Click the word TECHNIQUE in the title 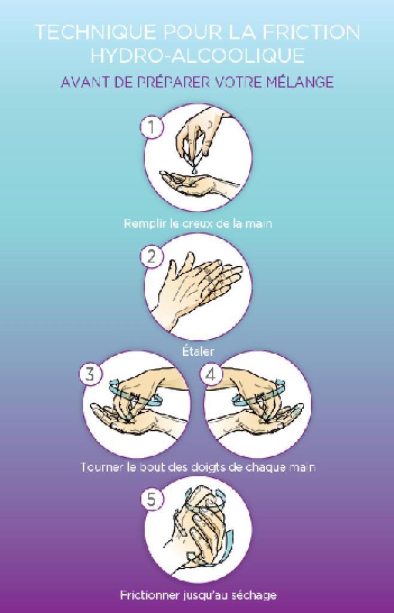pyautogui.click(x=96, y=32)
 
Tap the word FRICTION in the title pyautogui.click(x=311, y=32)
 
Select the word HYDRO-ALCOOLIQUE pyautogui.click(x=197, y=56)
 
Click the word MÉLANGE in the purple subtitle pyautogui.click(x=300, y=82)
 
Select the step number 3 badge pyautogui.click(x=90, y=374)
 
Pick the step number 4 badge pyautogui.click(x=211, y=374)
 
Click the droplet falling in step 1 pyautogui.click(x=194, y=170)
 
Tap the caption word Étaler pyautogui.click(x=198, y=351)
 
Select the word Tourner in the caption pyautogui.click(x=102, y=467)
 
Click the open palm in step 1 pyautogui.click(x=189, y=183)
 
